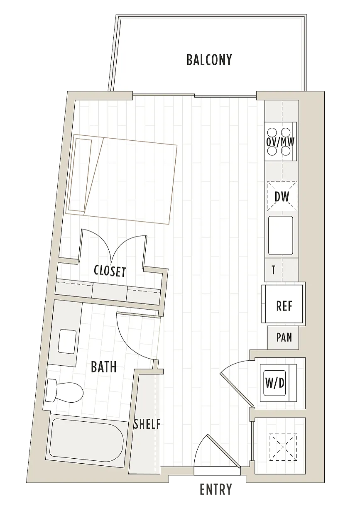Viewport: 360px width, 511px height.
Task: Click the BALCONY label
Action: click(209, 60)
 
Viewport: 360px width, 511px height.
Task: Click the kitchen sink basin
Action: click(281, 235)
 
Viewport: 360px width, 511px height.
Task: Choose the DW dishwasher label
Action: click(282, 197)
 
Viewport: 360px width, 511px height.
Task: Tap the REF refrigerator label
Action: click(284, 306)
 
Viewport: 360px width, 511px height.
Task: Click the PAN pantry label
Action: click(284, 337)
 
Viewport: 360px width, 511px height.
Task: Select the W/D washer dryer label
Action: click(275, 383)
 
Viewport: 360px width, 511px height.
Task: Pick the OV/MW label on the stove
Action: click(280, 142)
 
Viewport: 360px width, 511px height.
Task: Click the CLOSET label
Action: click(110, 271)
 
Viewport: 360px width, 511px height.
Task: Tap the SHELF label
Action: click(147, 424)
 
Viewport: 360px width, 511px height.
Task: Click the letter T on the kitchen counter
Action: click(273, 270)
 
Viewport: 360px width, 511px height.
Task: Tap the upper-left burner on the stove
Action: click(272, 132)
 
